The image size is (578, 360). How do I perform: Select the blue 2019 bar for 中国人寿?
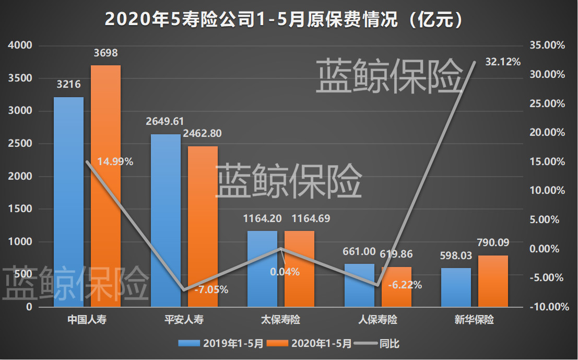click(68, 204)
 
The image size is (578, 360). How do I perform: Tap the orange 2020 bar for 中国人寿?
click(105, 188)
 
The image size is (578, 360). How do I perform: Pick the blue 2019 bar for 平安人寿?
click(165, 219)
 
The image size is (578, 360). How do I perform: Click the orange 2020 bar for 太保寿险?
click(299, 269)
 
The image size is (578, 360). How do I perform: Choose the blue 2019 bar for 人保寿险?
click(359, 285)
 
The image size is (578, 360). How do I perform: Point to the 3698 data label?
click(105, 53)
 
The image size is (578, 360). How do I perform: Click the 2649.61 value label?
click(165, 122)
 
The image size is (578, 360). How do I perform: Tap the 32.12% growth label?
click(503, 62)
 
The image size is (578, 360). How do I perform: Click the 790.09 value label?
click(493, 242)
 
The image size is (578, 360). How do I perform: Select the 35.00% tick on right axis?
click(547, 45)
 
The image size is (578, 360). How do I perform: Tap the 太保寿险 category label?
click(281, 320)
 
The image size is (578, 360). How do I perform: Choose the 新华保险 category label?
click(474, 320)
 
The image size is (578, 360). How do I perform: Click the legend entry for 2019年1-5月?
click(221, 343)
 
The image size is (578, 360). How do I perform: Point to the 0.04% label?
click(285, 272)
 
